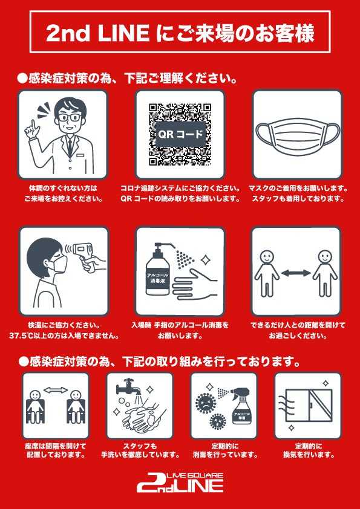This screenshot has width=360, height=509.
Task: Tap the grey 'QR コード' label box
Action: (180, 134)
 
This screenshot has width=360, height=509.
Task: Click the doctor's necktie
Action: (70, 145)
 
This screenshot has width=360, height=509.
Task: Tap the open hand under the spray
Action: (195, 282)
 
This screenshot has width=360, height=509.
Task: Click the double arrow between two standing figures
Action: (296, 273)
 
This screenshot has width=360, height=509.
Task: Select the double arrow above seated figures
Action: (55, 390)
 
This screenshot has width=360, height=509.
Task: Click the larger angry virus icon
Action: (205, 403)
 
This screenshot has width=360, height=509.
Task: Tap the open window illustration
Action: (309, 404)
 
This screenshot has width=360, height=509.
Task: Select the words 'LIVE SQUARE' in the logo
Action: (195, 476)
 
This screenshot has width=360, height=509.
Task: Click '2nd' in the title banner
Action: (68, 34)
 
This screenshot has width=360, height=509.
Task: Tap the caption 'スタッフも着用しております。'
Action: (298, 199)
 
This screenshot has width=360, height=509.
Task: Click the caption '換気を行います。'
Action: (309, 455)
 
